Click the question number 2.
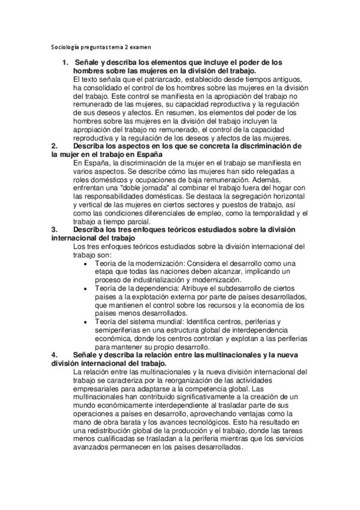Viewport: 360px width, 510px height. [55, 146]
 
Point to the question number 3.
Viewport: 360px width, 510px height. [55, 229]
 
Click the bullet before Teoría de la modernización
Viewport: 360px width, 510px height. [87, 263]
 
